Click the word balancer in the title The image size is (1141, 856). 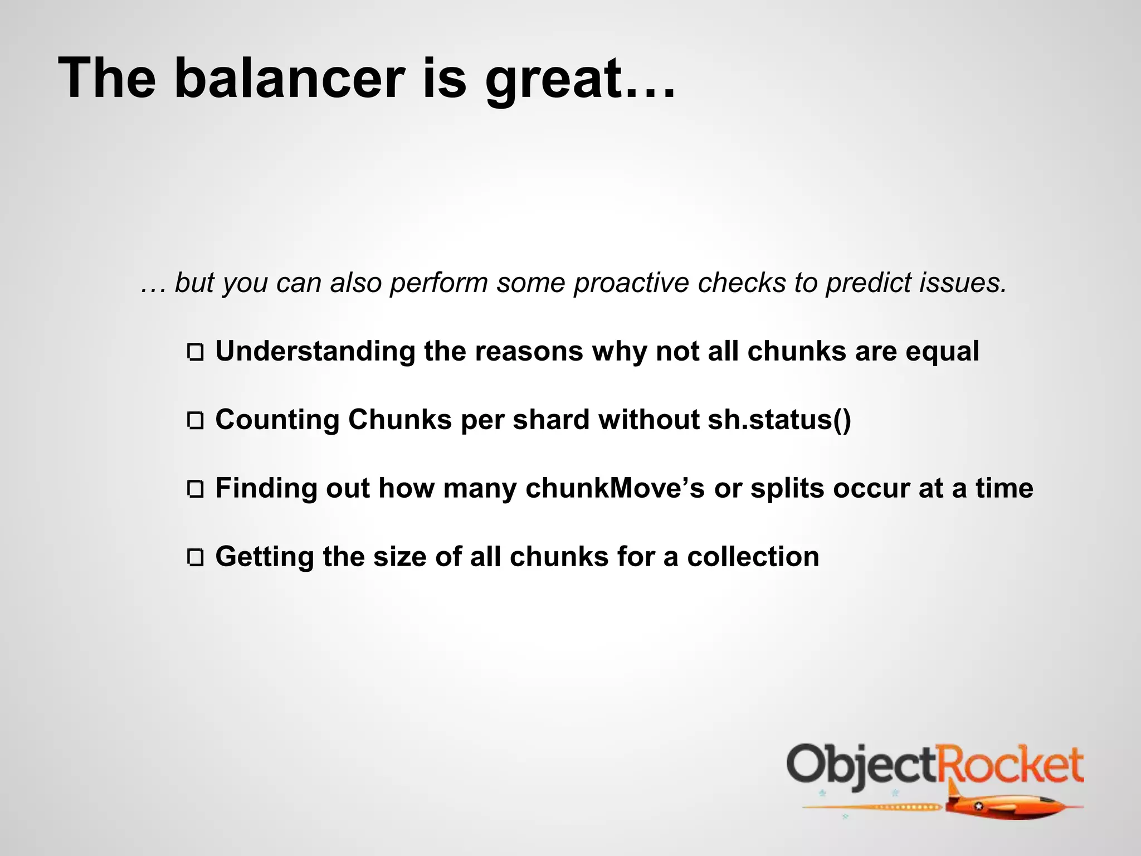tap(289, 79)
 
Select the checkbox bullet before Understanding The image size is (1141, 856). tap(196, 353)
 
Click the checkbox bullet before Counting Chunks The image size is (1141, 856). tap(196, 421)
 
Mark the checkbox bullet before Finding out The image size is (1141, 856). tap(196, 489)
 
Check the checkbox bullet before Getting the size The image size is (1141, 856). tap(196, 558)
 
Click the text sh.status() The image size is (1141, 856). tap(779, 420)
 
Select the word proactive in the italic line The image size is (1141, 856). tap(631, 283)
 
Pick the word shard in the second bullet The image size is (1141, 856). tap(550, 420)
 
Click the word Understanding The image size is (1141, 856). tap(315, 352)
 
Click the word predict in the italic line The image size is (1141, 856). tap(867, 283)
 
